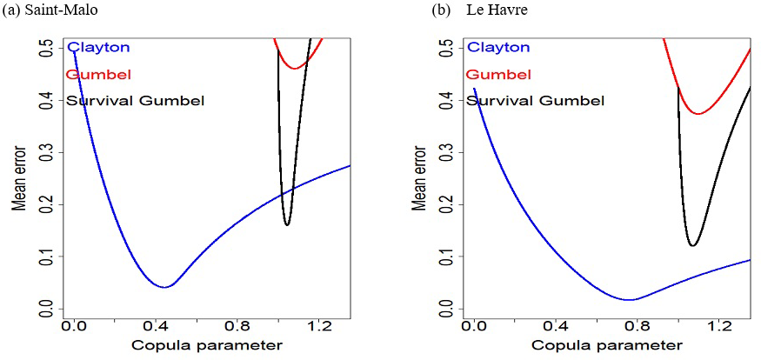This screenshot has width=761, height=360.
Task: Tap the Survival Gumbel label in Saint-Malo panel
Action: click(x=135, y=101)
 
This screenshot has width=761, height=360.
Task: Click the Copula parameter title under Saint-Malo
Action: click(x=207, y=346)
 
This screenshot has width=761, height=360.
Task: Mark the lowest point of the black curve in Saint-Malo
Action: click(x=287, y=225)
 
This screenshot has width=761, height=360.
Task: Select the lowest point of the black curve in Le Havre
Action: click(x=692, y=246)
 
